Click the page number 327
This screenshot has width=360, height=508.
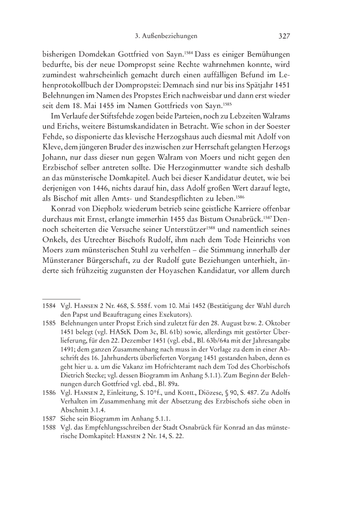point(285,37)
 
